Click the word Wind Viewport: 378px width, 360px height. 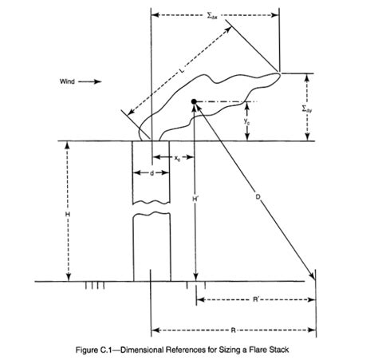tap(67, 81)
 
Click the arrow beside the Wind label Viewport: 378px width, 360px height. tap(90, 81)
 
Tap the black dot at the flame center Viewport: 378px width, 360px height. tap(194, 101)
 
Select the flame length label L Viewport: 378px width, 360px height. tap(181, 70)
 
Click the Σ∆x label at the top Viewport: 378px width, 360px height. tap(212, 16)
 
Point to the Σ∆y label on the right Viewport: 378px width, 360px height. tap(307, 109)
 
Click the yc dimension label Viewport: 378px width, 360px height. tap(247, 121)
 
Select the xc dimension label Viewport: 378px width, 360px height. tap(177, 158)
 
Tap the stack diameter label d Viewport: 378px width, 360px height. tap(152, 173)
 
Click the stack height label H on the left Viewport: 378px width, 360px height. tap(68, 214)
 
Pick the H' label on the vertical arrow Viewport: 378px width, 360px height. tap(195, 198)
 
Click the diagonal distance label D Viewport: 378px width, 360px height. tap(258, 197)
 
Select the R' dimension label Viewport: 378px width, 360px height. tap(256, 299)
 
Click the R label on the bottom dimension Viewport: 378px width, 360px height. tap(233, 330)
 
